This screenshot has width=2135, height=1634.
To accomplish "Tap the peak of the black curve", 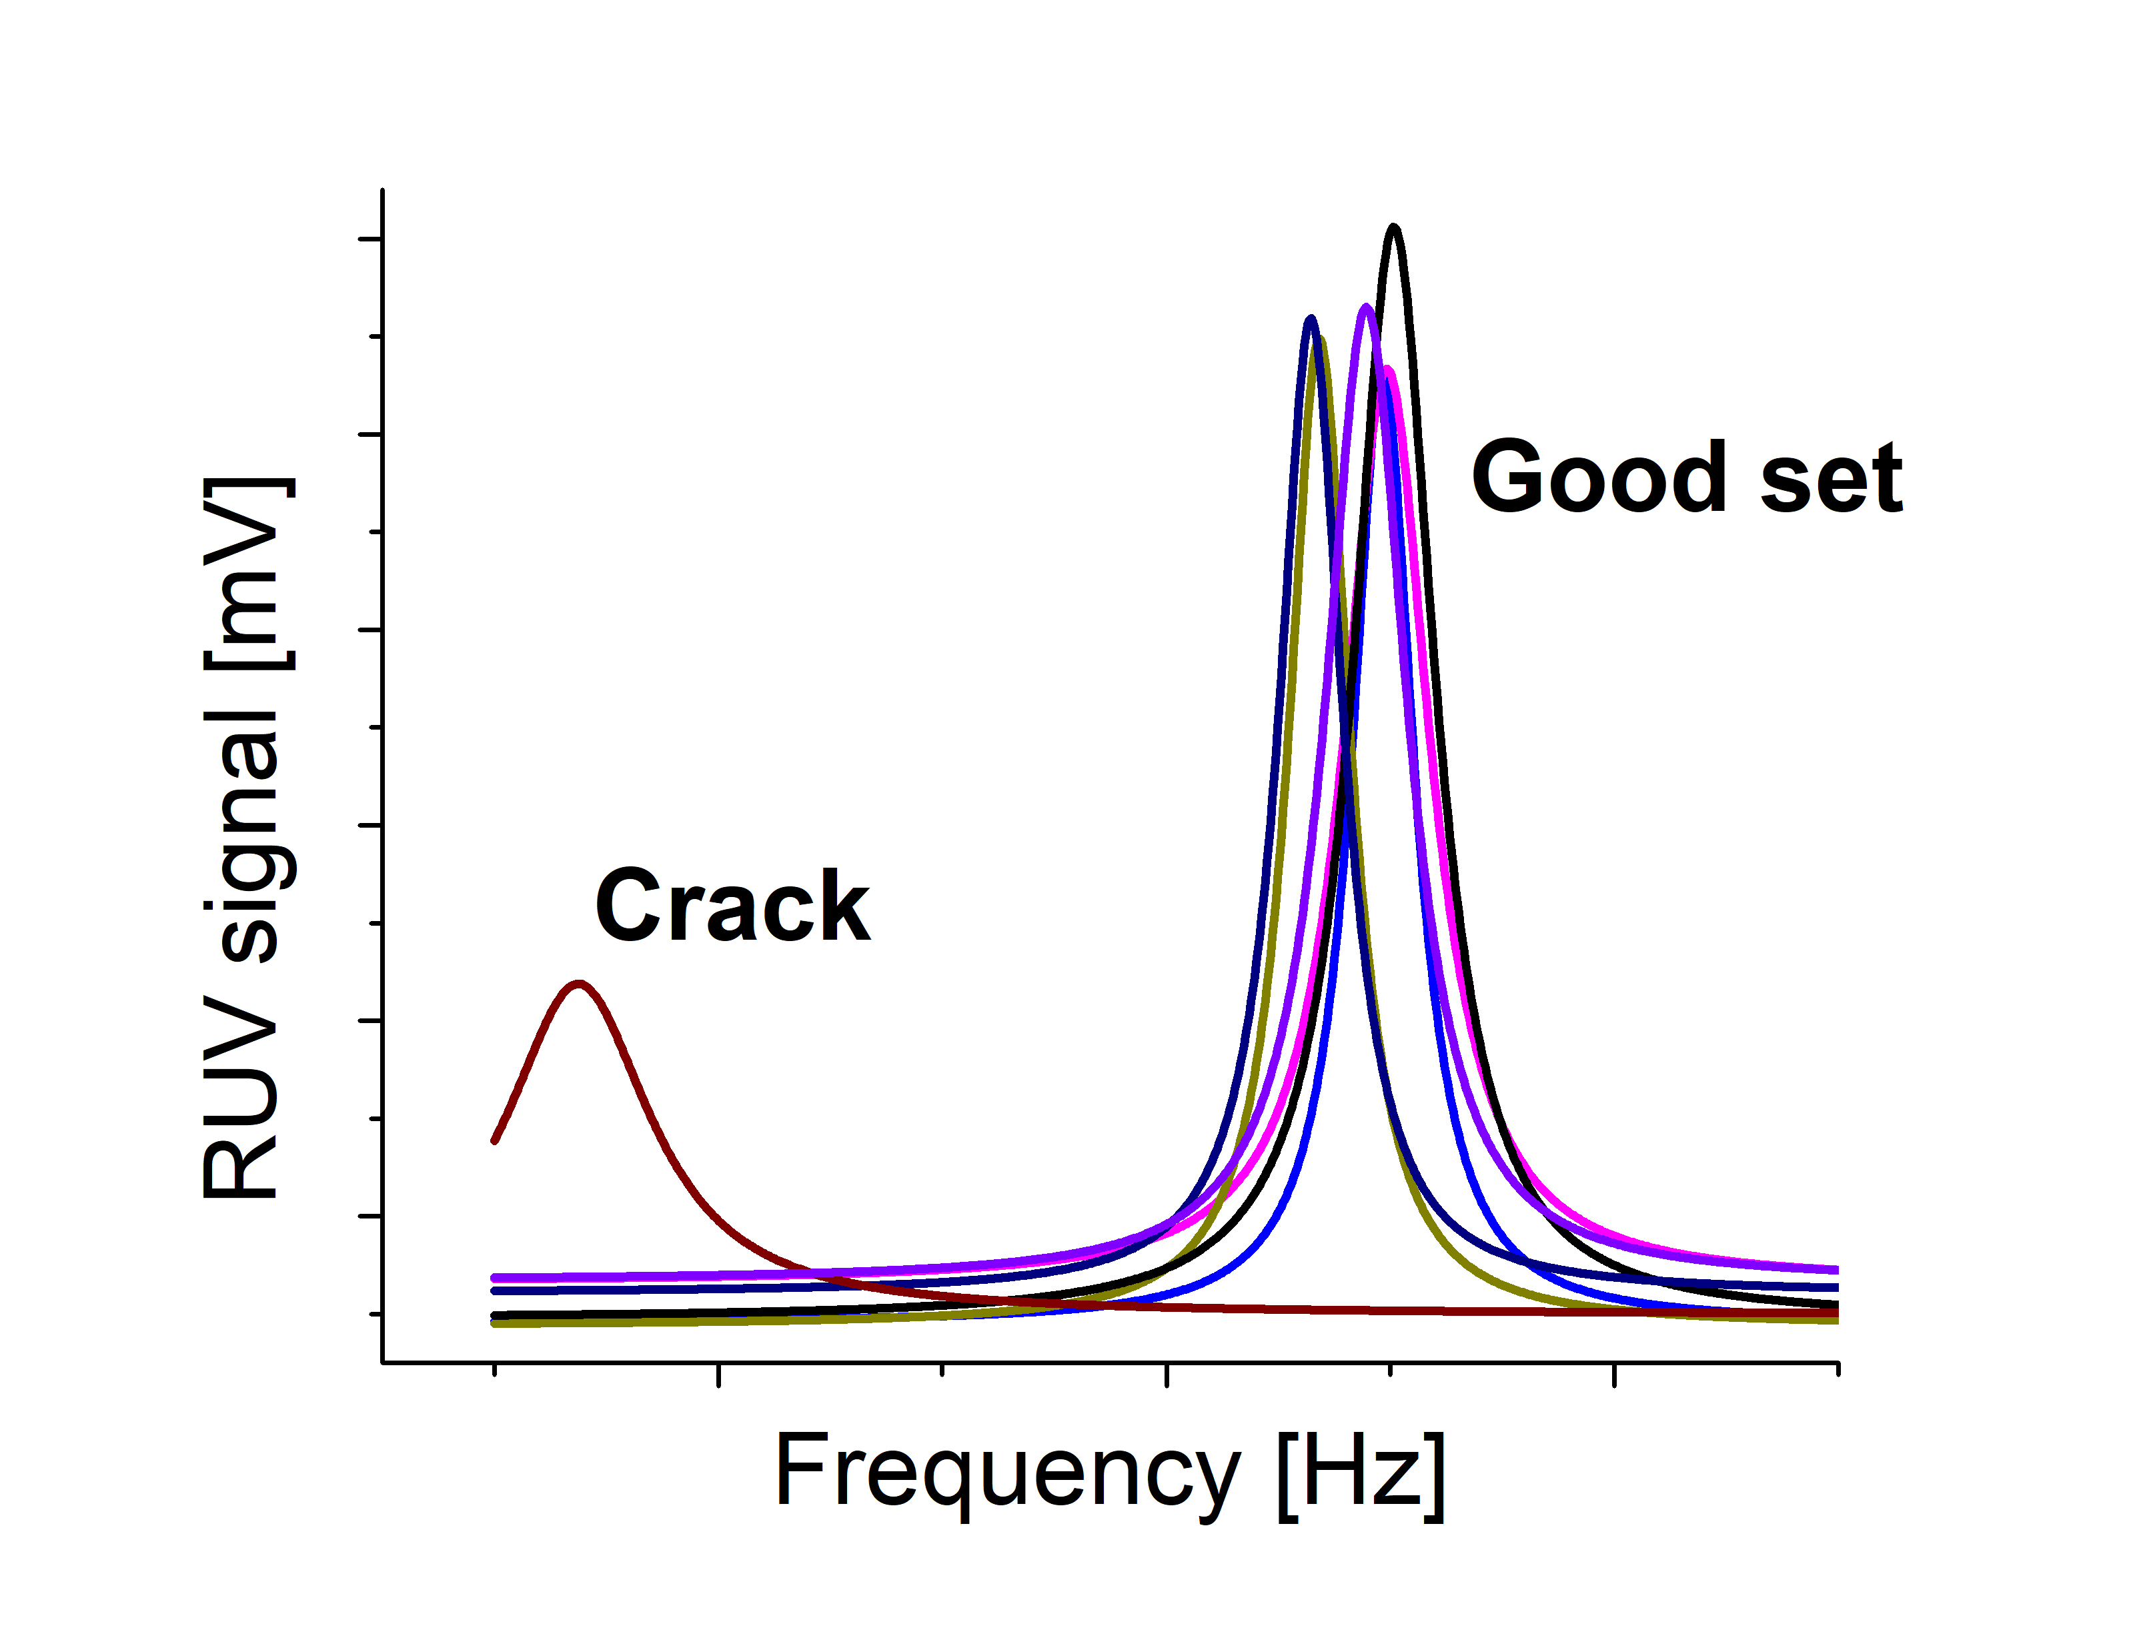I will click(1394, 227).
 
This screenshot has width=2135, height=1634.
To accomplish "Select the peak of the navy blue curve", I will click(1311, 318).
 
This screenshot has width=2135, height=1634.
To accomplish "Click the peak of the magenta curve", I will click(1389, 369).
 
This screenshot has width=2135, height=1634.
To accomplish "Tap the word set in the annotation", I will click(1831, 479).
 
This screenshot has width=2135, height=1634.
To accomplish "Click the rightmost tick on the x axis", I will click(1838, 1369).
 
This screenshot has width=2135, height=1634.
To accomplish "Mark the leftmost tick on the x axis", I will click(495, 1369).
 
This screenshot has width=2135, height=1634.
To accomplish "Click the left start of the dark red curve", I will click(495, 1141).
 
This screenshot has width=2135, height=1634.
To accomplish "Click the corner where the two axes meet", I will click(384, 1363).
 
